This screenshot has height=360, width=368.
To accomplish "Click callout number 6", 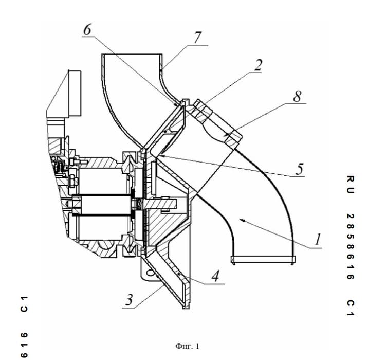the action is (x=87, y=30).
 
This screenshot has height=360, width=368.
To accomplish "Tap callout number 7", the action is (x=197, y=38).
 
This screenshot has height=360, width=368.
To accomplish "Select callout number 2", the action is (x=258, y=65).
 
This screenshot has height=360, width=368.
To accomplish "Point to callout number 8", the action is (x=297, y=96).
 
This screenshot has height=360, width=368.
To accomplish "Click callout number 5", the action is (x=300, y=169).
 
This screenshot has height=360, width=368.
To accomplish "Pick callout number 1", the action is (x=318, y=240).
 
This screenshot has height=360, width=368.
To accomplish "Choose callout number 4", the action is (x=215, y=276).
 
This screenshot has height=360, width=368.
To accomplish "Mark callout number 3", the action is (x=129, y=300).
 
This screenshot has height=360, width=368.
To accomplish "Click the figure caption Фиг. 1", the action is (x=187, y=346).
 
